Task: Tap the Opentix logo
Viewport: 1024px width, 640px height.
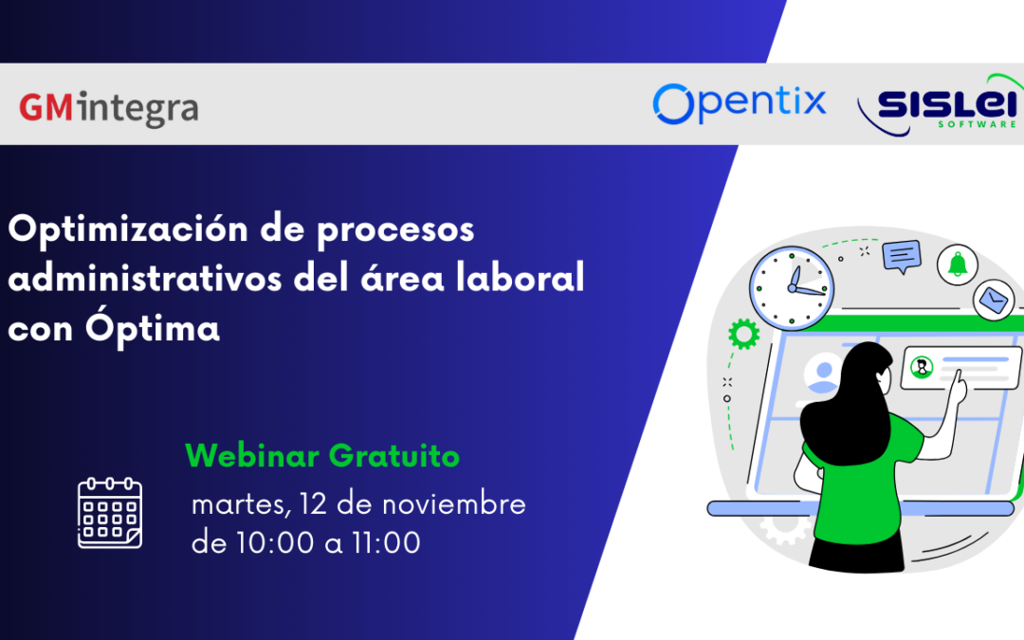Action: pyautogui.click(x=740, y=102)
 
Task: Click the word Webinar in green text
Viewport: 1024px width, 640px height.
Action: pyautogui.click(x=252, y=456)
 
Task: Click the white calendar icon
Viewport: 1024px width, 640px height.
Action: pyautogui.click(x=110, y=513)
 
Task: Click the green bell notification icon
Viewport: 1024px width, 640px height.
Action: pyautogui.click(x=958, y=265)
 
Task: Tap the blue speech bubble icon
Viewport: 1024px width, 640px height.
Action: pyautogui.click(x=901, y=255)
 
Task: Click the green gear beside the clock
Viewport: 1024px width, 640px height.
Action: pyautogui.click(x=744, y=334)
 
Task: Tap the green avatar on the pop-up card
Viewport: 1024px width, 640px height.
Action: pyautogui.click(x=921, y=367)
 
